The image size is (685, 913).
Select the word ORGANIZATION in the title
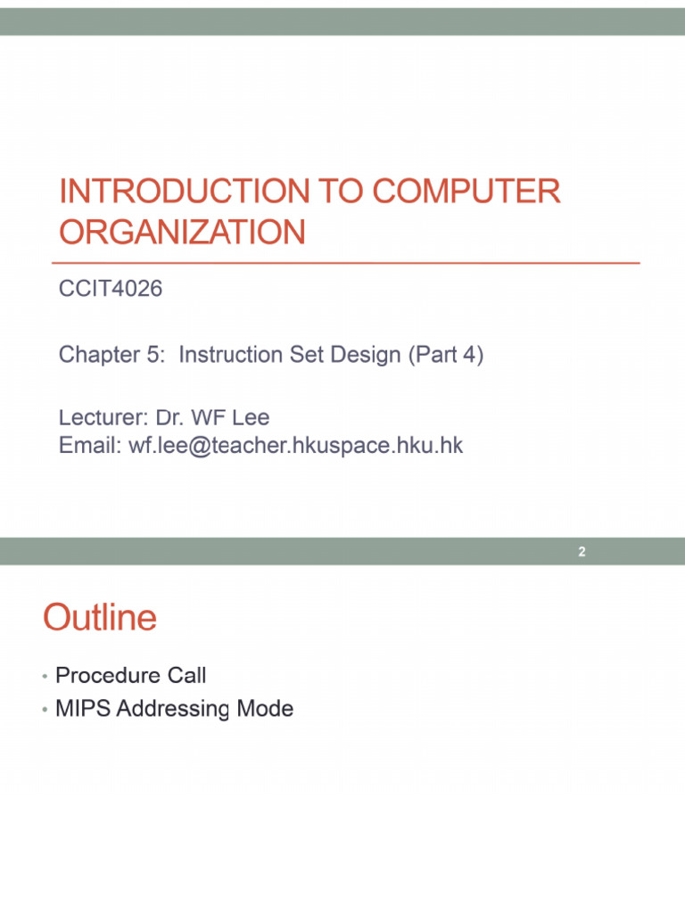(182, 233)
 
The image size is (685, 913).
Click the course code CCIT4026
(111, 289)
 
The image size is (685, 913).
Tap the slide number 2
(582, 552)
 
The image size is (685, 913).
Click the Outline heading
(100, 617)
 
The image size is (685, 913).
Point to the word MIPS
(82, 709)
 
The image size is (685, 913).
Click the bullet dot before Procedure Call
(44, 677)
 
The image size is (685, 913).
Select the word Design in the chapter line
(367, 355)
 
